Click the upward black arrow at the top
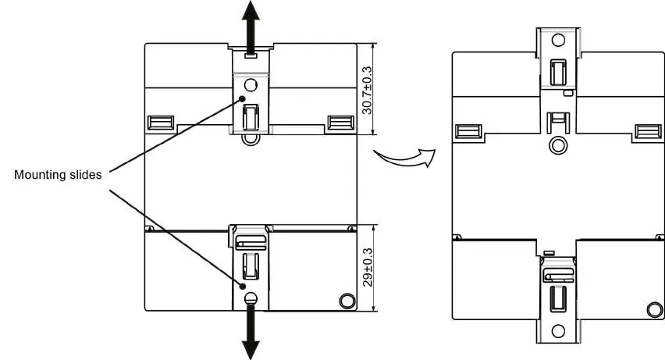[251, 27]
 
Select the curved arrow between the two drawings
[405, 158]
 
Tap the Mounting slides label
[58, 174]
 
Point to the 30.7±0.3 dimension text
[367, 90]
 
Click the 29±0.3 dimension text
[368, 267]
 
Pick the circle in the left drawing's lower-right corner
[347, 301]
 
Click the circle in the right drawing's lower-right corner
[655, 309]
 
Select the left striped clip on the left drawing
[161, 123]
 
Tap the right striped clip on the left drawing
[341, 123]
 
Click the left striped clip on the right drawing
[468, 131]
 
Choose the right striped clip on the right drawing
[648, 131]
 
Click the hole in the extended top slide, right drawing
[558, 40]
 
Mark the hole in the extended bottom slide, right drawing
[558, 331]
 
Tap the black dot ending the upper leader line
[242, 99]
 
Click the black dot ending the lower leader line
[243, 286]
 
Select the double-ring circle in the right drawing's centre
[558, 145]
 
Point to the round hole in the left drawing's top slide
[251, 85]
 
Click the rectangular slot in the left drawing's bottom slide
[251, 266]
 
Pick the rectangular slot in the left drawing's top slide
[251, 117]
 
